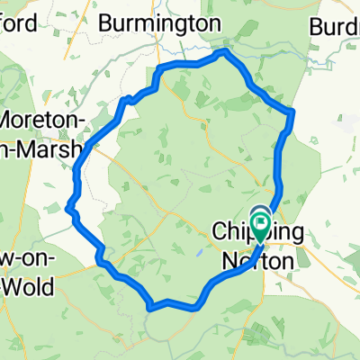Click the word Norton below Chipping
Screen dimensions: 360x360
(256, 261)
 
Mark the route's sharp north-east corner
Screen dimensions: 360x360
(292, 112)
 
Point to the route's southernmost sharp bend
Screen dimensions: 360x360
(149, 307)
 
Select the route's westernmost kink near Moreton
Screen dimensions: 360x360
(69, 209)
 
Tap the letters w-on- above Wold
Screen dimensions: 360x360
(25, 260)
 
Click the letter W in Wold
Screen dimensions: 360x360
(13, 288)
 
